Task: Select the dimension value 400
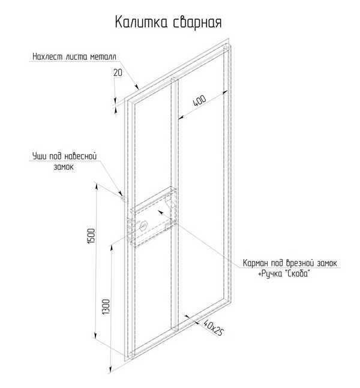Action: pyautogui.click(x=200, y=101)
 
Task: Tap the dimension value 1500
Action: pyautogui.click(x=91, y=236)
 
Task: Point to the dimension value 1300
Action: pyautogui.click(x=106, y=307)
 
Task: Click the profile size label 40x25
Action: pyautogui.click(x=213, y=327)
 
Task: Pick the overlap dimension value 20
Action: pyautogui.click(x=118, y=73)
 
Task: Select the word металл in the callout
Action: pyautogui.click(x=103, y=57)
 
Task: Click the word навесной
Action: pyautogui.click(x=80, y=156)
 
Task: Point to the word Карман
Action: pyautogui.click(x=255, y=263)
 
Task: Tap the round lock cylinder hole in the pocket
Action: pyautogui.click(x=143, y=225)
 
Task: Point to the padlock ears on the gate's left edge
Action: pyautogui.click(x=122, y=198)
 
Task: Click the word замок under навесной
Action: pyautogui.click(x=64, y=167)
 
